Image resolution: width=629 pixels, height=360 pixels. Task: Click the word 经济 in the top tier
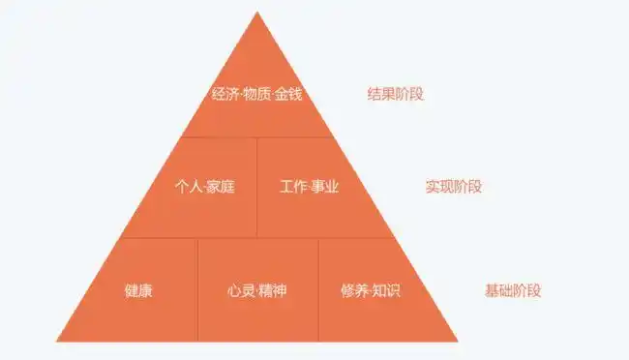click(225, 95)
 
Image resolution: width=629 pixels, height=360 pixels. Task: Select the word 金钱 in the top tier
click(288, 95)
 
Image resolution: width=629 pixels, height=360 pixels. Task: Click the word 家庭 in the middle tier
click(221, 187)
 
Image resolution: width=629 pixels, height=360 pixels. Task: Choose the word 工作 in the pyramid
click(293, 187)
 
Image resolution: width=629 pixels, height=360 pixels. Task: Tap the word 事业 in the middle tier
click(325, 187)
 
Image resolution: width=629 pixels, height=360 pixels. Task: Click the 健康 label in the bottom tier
click(138, 290)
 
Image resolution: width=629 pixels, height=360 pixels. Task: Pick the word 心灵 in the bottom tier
click(242, 290)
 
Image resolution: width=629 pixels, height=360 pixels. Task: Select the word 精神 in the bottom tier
click(273, 290)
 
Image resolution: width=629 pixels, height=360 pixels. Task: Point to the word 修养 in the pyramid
click(354, 290)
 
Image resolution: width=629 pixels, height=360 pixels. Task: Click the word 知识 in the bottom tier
click(386, 290)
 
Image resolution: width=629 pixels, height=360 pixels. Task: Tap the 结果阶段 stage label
click(396, 95)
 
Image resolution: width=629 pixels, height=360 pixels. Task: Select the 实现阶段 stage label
click(454, 187)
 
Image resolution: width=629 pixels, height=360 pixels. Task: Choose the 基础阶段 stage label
click(513, 290)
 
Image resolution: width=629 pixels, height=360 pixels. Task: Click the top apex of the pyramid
click(257, 13)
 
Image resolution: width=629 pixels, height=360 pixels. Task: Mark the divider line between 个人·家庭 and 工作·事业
click(257, 187)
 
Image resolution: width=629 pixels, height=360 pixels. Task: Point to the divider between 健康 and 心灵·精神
click(197, 290)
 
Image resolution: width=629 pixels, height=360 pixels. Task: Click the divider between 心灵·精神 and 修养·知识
click(318, 290)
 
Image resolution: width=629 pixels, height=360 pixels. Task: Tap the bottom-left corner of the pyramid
click(57, 341)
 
